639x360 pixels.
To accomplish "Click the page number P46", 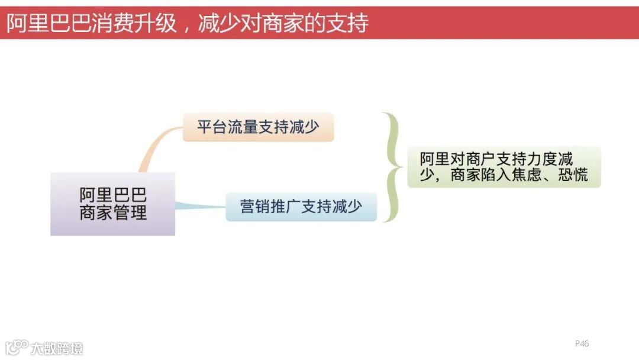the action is tap(582, 343).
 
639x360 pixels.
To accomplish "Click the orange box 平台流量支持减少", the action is tap(258, 127).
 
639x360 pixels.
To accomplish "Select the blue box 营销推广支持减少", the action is tap(301, 207).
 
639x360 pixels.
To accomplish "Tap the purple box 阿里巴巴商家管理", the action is tap(112, 204).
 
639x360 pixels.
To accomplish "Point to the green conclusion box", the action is tap(504, 167).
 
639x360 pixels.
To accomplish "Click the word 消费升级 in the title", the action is tap(134, 23).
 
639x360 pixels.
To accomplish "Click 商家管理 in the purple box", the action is tap(112, 213).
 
